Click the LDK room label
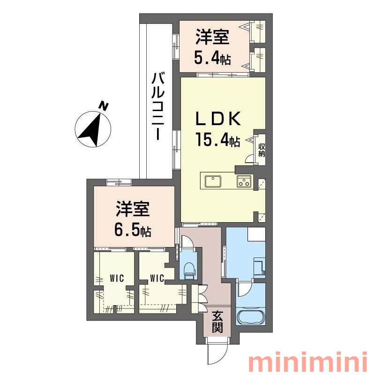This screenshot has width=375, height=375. click(218, 119)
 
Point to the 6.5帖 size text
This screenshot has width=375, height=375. click(133, 229)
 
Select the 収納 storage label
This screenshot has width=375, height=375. click(262, 150)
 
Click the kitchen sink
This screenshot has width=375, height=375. click(213, 181)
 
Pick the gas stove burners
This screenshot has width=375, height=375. click(244, 181)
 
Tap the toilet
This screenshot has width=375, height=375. click(189, 270)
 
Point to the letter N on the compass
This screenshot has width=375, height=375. click(104, 106)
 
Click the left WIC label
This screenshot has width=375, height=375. click(117, 278)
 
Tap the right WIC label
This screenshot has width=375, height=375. click(157, 278)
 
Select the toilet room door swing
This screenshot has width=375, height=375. click(188, 241)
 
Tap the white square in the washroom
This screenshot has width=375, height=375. click(256, 234)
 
